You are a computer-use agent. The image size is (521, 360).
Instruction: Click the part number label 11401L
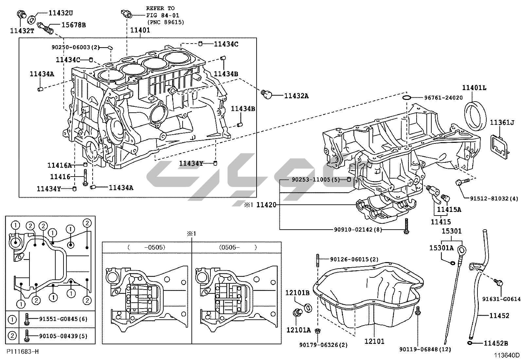pyautogui.click(x=474, y=88)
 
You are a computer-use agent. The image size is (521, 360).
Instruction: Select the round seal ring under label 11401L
pyautogui.click(x=475, y=116)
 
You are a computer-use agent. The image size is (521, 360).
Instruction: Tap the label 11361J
pyautogui.click(x=502, y=123)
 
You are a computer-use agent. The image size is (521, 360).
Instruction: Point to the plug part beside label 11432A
pyautogui.click(x=267, y=95)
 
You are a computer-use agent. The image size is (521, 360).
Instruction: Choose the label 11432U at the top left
pyautogui.click(x=61, y=13)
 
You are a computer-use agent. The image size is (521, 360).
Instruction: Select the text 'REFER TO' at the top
pyautogui.click(x=160, y=8)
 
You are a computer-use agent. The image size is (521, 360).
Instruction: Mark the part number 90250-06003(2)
pyautogui.click(x=75, y=47)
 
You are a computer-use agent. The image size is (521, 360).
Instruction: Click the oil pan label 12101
pyautogui.click(x=374, y=341)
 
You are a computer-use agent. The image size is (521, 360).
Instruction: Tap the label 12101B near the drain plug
pyautogui.click(x=297, y=293)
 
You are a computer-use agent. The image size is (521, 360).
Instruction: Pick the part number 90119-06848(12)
pyautogui.click(x=425, y=350)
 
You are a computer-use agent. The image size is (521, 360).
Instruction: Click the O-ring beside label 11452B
pyautogui.click(x=470, y=343)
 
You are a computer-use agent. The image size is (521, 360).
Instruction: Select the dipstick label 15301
pyautogui.click(x=452, y=231)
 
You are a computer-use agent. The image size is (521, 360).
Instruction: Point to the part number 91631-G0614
pyautogui.click(x=501, y=299)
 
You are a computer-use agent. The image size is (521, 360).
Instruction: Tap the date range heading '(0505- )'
pyautogui.click(x=238, y=247)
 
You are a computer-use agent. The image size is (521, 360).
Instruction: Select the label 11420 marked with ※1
pyautogui.click(x=266, y=205)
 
